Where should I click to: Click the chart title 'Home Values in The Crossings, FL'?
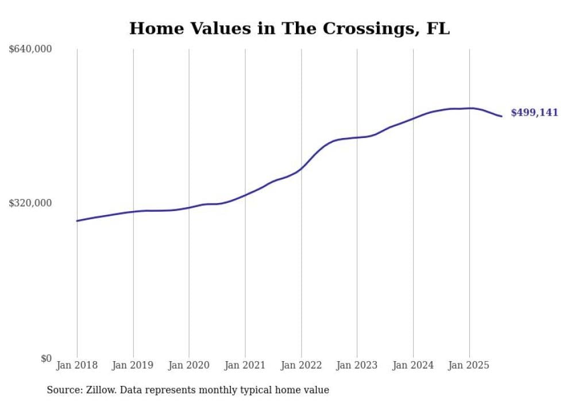[289, 28]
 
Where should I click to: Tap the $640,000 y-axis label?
[30, 49]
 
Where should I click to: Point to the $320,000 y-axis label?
[30, 203]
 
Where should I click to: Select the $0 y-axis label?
[46, 358]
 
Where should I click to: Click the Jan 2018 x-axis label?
[77, 365]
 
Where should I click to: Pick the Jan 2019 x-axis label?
[133, 365]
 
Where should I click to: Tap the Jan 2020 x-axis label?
[189, 365]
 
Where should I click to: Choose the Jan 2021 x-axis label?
[245, 365]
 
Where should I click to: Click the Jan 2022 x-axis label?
[301, 365]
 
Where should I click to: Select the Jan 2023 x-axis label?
[357, 365]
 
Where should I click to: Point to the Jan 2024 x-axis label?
[413, 365]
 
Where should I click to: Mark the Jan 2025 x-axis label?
[469, 365]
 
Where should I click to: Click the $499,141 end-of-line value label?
[534, 113]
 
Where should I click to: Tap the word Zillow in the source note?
[99, 390]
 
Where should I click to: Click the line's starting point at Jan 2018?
[77, 221]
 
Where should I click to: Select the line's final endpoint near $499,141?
[502, 116]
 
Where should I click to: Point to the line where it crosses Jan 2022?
[301, 167]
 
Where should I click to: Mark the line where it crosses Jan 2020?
[189, 208]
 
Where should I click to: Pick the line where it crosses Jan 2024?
[413, 118]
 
